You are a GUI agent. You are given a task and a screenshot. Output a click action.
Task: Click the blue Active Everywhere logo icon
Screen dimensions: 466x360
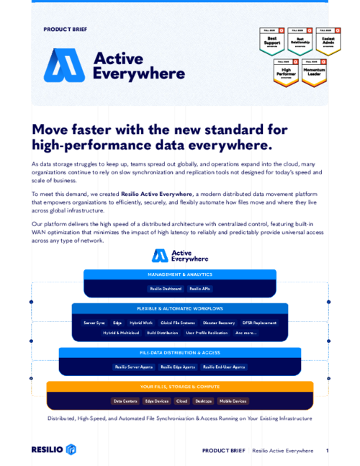(65, 65)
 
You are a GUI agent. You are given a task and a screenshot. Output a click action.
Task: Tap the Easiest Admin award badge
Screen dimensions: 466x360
(328, 41)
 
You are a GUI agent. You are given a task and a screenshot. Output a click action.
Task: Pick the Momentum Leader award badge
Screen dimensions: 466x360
(313, 71)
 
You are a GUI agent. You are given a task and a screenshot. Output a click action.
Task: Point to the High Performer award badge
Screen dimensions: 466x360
(285, 71)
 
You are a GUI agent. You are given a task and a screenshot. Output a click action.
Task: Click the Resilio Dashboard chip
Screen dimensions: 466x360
(165, 289)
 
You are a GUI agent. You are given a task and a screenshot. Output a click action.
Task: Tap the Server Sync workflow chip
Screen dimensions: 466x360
(94, 323)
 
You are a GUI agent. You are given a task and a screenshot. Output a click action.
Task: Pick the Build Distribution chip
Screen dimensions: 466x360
(163, 333)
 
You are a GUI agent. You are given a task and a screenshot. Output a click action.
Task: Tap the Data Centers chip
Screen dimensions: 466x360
(125, 401)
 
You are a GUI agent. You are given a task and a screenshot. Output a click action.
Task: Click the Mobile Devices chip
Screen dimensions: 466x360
(232, 401)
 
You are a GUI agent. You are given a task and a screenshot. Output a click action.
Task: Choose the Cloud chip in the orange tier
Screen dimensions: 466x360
(181, 401)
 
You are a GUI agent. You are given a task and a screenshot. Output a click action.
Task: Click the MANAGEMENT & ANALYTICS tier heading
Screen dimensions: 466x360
(179, 274)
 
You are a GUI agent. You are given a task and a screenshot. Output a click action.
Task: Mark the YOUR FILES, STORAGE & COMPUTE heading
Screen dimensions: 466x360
(179, 387)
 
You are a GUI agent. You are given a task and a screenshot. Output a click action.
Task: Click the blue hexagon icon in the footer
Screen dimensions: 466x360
(71, 449)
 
